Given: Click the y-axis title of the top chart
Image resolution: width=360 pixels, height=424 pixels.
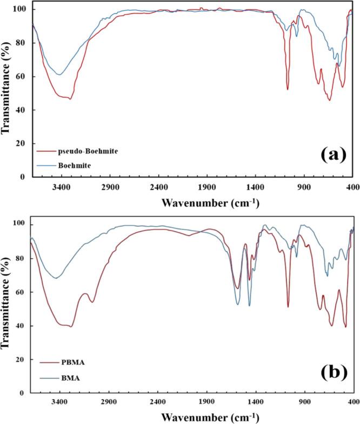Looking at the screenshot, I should (x=7, y=89).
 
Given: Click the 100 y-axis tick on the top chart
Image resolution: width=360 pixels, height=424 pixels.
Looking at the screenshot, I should (x=23, y=10).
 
